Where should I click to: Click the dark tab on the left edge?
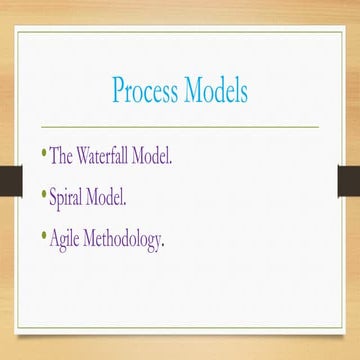pos(11,181)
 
